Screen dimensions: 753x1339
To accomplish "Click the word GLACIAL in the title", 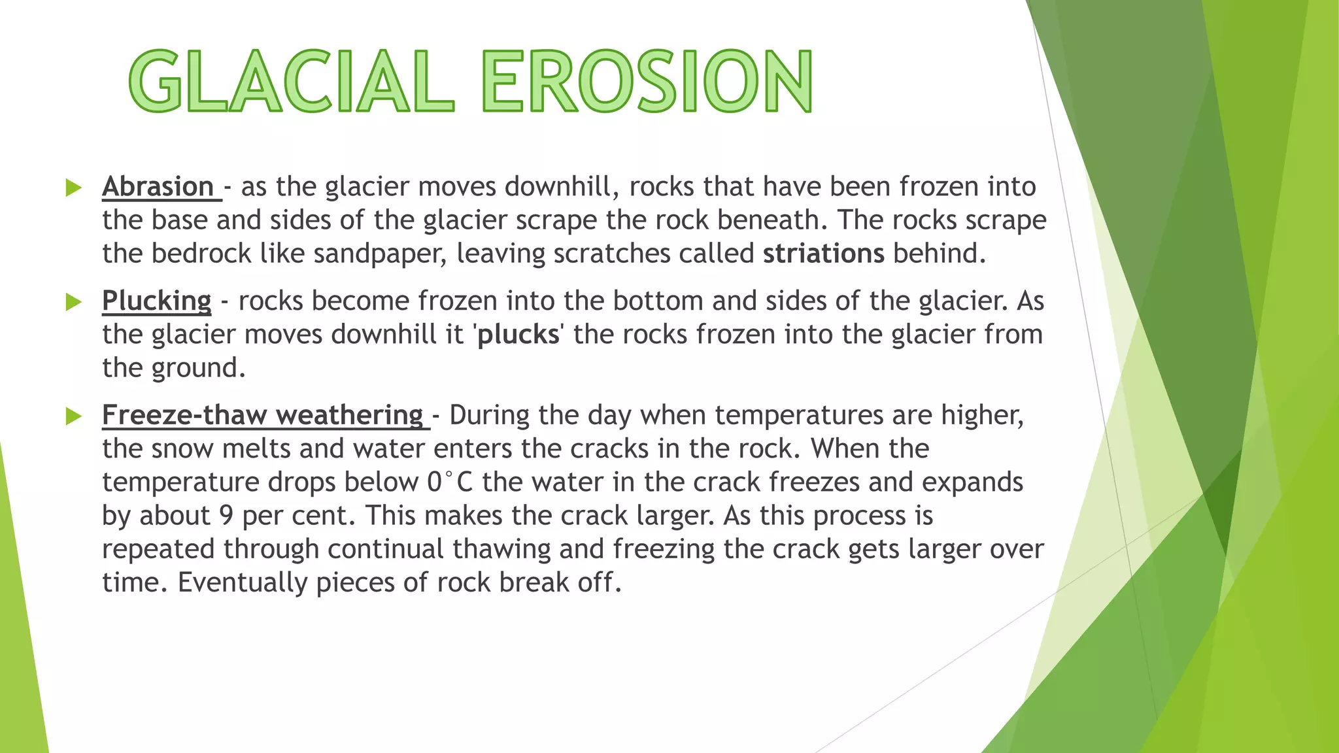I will pyautogui.click(x=291, y=82).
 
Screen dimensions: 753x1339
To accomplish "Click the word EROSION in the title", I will pyautogui.click(x=647, y=82).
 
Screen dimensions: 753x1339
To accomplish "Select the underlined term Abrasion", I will pyautogui.click(x=158, y=187).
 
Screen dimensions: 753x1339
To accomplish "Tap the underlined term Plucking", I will pyautogui.click(x=157, y=301).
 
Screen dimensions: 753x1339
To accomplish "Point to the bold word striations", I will pyautogui.click(x=823, y=254).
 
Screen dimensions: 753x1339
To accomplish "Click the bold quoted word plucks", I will pyautogui.click(x=518, y=335).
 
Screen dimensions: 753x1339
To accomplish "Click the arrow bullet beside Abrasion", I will pyautogui.click(x=73, y=188).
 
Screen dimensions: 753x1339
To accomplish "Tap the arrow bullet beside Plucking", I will pyautogui.click(x=73, y=302).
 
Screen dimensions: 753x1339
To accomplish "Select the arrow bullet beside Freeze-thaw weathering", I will pyautogui.click(x=73, y=416).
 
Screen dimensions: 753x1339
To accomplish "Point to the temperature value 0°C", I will pyautogui.click(x=450, y=482).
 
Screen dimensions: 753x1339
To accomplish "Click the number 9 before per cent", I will pyautogui.click(x=226, y=516).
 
